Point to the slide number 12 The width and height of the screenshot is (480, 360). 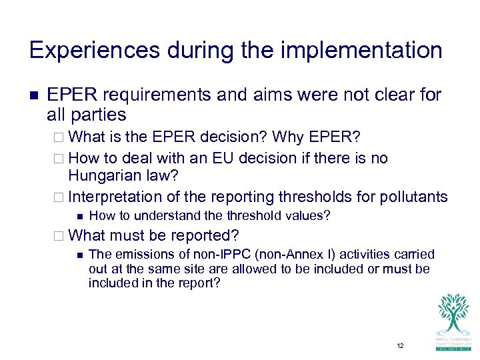(x=400, y=346)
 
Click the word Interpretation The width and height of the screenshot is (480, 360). (x=115, y=197)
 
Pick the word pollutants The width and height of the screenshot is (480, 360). (x=414, y=197)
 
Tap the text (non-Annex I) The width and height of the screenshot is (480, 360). (x=266, y=254)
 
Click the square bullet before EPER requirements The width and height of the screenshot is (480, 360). (x=34, y=95)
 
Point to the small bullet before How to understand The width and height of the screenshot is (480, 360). (x=79, y=215)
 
